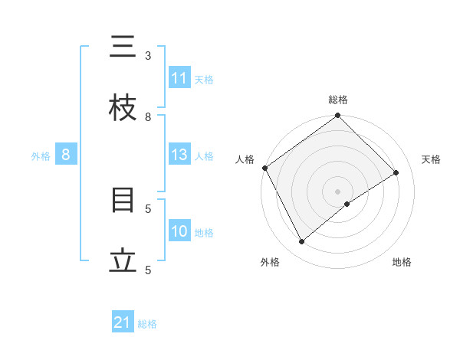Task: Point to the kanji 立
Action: point(123,262)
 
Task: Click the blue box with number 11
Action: point(179,78)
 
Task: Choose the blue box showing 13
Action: point(179,155)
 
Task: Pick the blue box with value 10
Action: point(179,231)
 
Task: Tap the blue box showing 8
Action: point(66,155)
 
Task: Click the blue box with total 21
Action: point(123,323)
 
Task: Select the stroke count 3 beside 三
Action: point(148,55)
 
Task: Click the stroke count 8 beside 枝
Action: point(148,116)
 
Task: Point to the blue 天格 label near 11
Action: point(204,79)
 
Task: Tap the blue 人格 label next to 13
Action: point(204,156)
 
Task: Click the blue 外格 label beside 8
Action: point(41,156)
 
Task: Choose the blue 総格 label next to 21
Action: point(147,324)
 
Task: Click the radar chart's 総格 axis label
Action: point(338,100)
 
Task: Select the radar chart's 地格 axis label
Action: point(402,263)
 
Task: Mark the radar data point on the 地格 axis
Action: point(347,204)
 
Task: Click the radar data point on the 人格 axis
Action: point(264,168)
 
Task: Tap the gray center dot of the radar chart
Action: point(338,191)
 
